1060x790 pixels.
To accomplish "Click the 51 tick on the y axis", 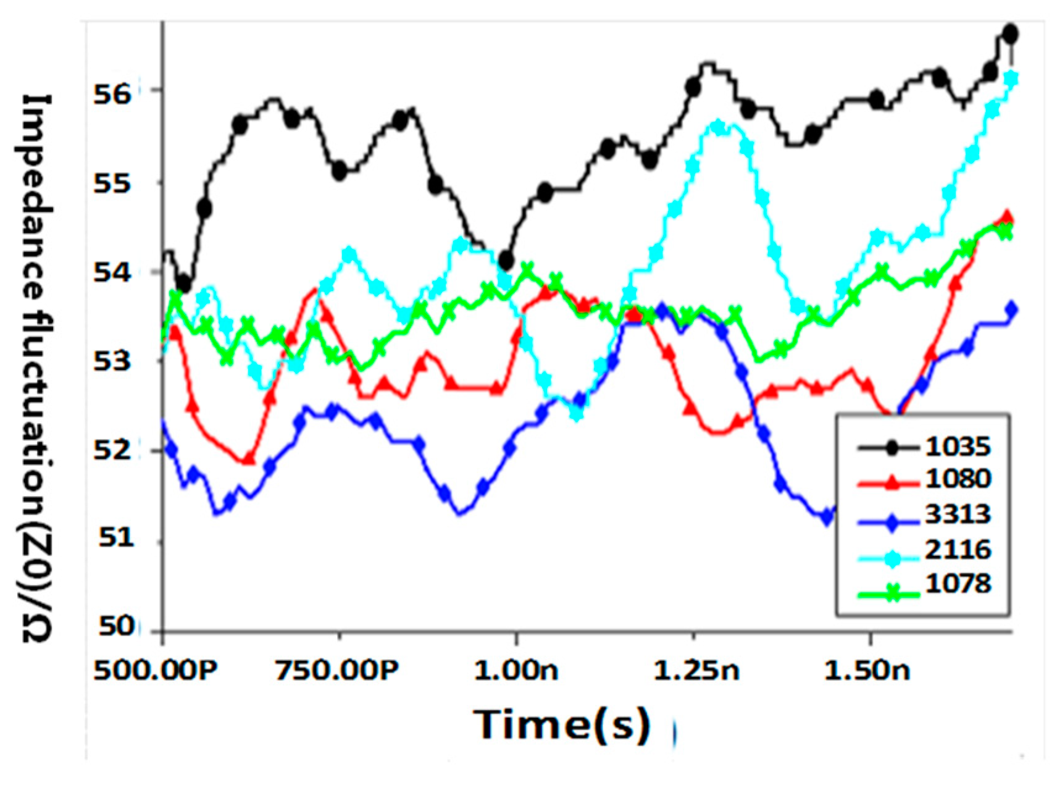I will pos(115,538).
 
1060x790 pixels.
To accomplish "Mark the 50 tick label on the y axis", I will pos(115,627).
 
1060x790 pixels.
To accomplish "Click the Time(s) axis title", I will pos(561,724).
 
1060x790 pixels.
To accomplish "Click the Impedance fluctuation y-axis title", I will pos(36,368).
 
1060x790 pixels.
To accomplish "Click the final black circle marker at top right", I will pos(1010,35).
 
